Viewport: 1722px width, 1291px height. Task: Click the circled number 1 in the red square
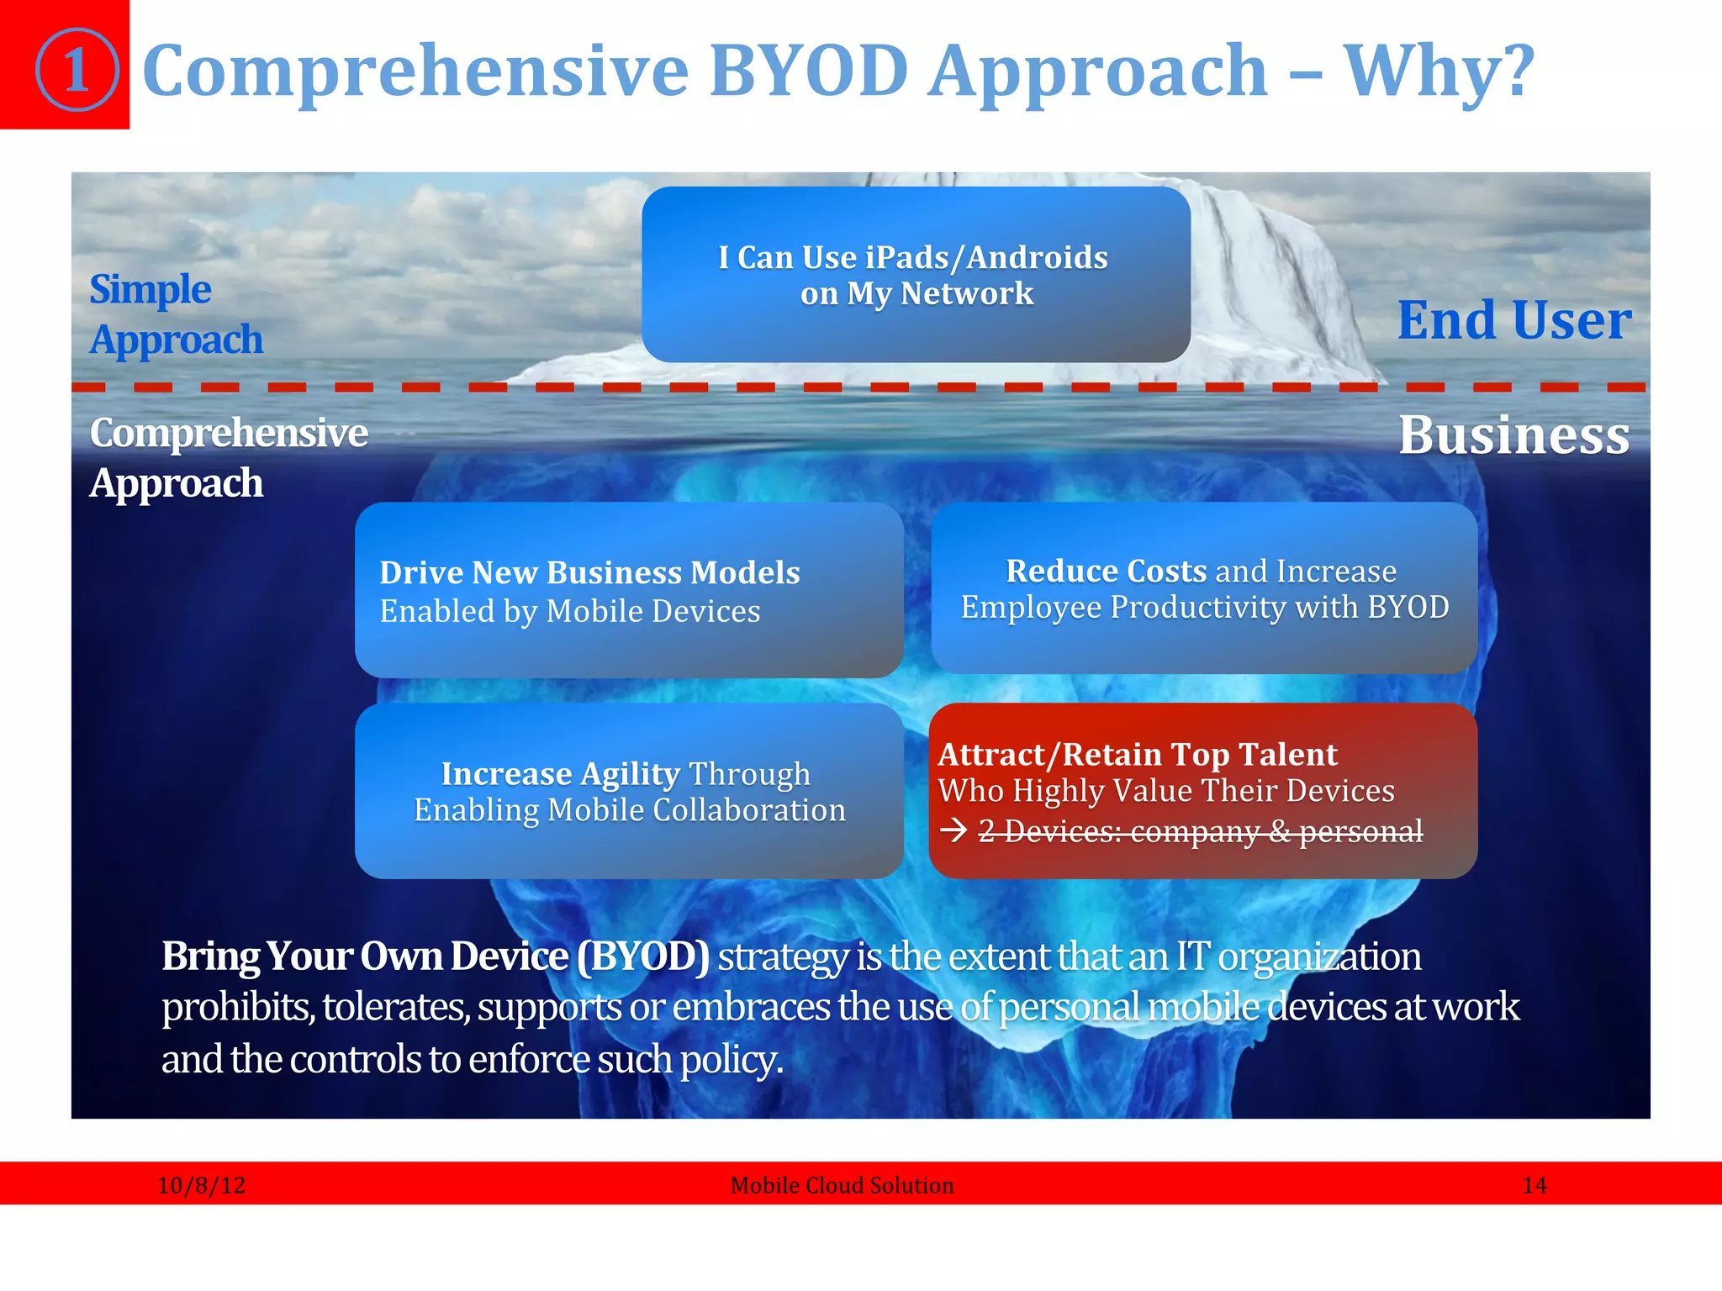point(77,70)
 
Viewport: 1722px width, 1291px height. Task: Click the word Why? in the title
point(1439,72)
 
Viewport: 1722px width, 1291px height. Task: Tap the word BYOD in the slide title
point(808,71)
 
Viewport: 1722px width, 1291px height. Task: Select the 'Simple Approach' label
point(176,314)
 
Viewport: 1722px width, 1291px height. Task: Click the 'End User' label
point(1513,320)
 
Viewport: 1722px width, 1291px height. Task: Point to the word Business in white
point(1513,435)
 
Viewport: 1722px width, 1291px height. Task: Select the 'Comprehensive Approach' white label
point(228,458)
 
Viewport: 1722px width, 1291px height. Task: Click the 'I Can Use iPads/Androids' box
point(915,275)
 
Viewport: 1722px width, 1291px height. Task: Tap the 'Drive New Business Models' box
point(628,590)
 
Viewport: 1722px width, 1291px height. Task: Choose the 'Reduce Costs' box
point(1203,588)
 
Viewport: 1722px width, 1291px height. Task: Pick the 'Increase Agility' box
point(628,791)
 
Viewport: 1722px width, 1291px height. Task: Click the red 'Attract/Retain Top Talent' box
point(1202,791)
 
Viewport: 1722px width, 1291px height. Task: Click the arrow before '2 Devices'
point(953,831)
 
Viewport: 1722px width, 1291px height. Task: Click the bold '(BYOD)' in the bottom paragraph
point(643,956)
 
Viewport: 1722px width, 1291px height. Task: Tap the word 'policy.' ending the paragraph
point(731,1059)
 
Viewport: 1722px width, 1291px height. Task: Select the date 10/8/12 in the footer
point(202,1185)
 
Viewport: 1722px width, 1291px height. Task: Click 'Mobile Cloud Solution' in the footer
point(842,1185)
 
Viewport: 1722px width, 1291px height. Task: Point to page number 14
point(1534,1185)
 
